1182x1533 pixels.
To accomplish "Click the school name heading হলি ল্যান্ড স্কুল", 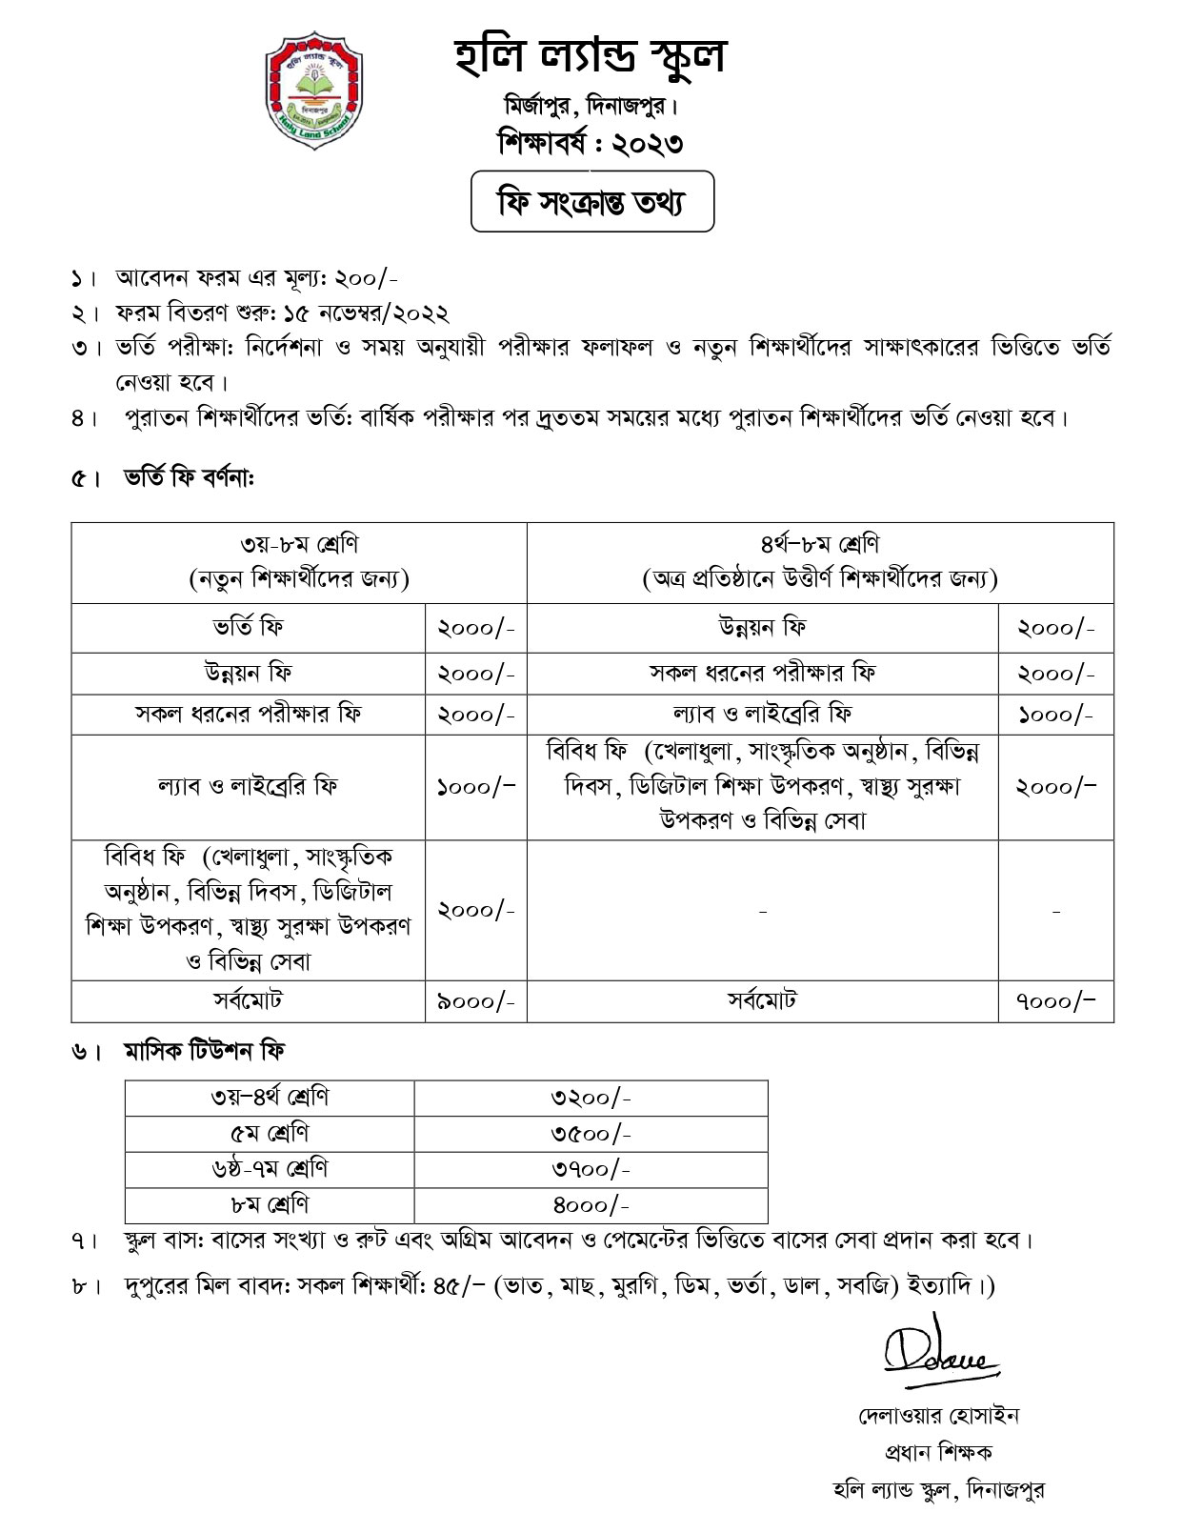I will tap(590, 56).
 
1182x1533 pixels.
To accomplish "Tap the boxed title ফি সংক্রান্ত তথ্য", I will tap(591, 201).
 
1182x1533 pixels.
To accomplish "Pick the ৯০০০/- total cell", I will tap(475, 1001).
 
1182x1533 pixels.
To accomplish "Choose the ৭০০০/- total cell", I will tap(1055, 1001).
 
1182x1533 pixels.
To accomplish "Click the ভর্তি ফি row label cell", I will tap(248, 628).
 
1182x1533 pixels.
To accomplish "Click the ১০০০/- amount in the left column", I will tap(475, 787).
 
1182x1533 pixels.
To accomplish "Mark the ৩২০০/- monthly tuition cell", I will tap(591, 1098).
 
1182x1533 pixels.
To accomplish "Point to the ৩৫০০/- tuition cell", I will tap(591, 1134).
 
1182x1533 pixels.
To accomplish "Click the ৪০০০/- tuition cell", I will tap(591, 1205).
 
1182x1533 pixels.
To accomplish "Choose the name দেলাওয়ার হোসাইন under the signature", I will tap(937, 1416).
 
